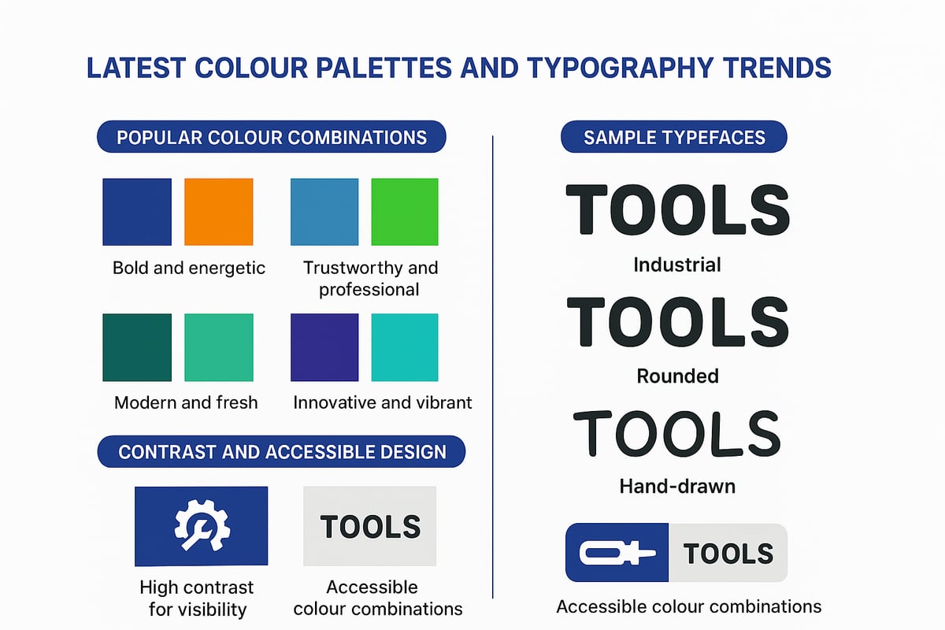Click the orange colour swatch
tap(218, 212)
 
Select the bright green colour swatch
tap(404, 212)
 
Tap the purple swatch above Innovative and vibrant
tap(324, 347)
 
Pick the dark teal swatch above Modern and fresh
tap(137, 347)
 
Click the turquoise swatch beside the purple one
tap(404, 347)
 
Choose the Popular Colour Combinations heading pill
tap(271, 137)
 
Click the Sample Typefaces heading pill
tap(674, 137)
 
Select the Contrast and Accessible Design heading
tap(281, 451)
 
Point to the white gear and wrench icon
tap(201, 525)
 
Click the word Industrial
tap(677, 265)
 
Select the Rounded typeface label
tap(677, 376)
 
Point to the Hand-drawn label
tap(677, 486)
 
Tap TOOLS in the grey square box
tap(370, 526)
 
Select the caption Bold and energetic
tap(189, 268)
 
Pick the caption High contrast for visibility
tap(197, 598)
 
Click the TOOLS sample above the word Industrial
tap(677, 209)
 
